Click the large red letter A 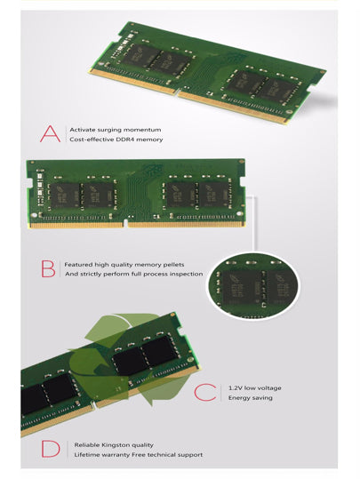(x=50, y=134)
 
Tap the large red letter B (x=48, y=268)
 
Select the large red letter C (x=205, y=392)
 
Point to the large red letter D (x=51, y=449)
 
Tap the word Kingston (x=116, y=445)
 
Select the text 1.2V (x=235, y=388)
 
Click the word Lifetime (x=87, y=455)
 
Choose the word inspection (x=186, y=274)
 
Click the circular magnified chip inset (x=253, y=285)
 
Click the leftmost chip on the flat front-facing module (x=64, y=196)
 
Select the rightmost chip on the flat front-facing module (x=213, y=195)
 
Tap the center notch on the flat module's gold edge (x=125, y=223)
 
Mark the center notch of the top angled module (x=178, y=92)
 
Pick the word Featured (x=78, y=265)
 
